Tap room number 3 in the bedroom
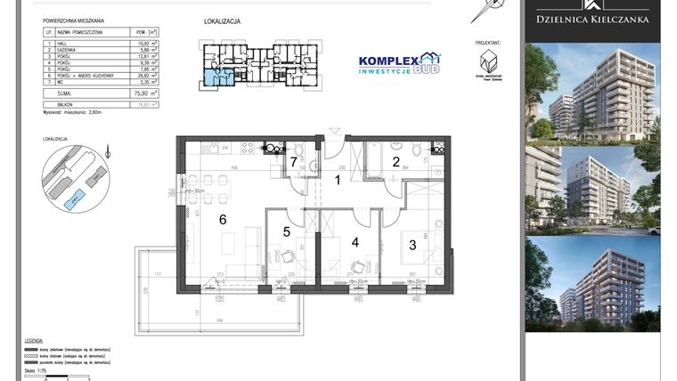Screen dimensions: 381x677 tap(412, 243)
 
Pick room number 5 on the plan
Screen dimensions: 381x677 tap(287, 232)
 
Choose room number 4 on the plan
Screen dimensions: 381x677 tap(355, 241)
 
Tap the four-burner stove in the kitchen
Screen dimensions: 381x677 tap(273, 149)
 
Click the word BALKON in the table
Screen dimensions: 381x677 tap(63, 103)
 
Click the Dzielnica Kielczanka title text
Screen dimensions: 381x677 tap(591, 19)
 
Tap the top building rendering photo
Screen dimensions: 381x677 tap(591, 91)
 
